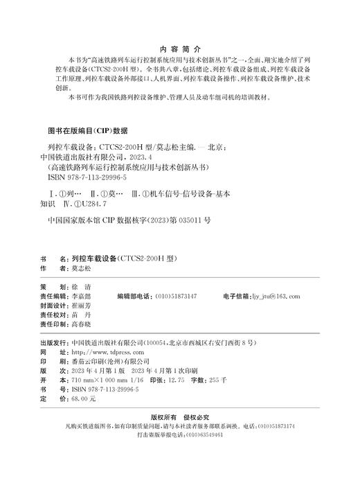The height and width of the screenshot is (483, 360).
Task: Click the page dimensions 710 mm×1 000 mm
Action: click(x=92, y=380)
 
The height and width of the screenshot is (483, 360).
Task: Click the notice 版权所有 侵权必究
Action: click(x=179, y=419)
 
